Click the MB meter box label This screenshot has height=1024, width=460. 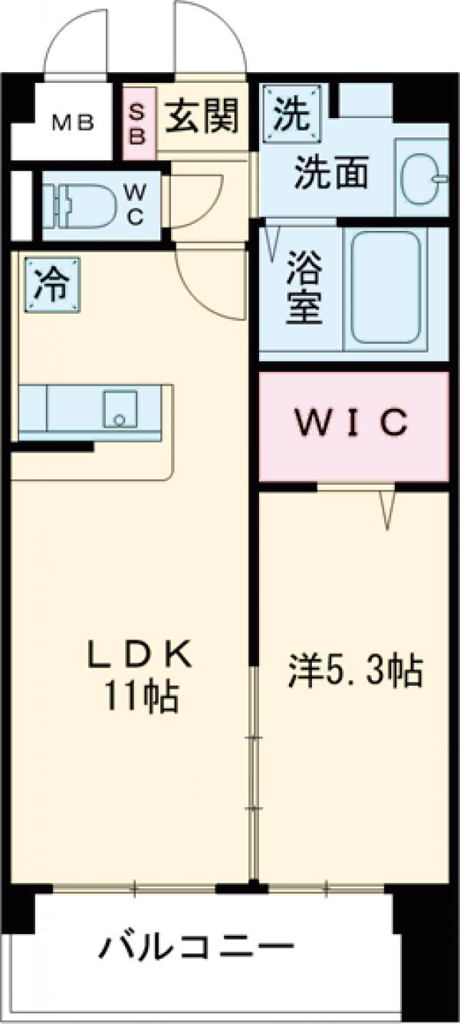[x=73, y=121]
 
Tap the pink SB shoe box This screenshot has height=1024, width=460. [x=140, y=123]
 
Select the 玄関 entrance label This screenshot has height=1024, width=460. [x=202, y=117]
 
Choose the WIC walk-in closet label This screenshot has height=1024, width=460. [x=353, y=424]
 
